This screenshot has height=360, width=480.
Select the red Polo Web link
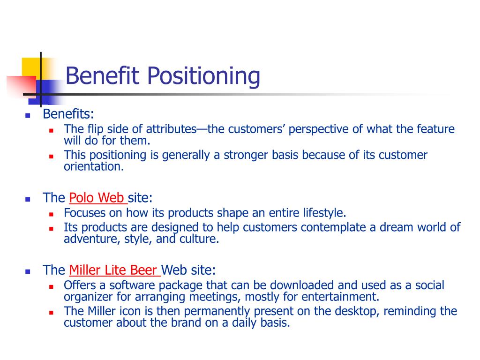[x=97, y=198]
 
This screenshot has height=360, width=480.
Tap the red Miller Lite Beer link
[x=114, y=270]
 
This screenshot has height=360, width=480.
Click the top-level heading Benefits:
[x=68, y=114]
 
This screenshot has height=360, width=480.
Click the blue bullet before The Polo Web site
[x=28, y=199]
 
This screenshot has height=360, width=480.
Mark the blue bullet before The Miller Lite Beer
[x=28, y=271]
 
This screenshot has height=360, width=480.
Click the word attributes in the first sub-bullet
[x=171, y=129]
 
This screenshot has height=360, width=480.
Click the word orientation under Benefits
[x=93, y=167]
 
